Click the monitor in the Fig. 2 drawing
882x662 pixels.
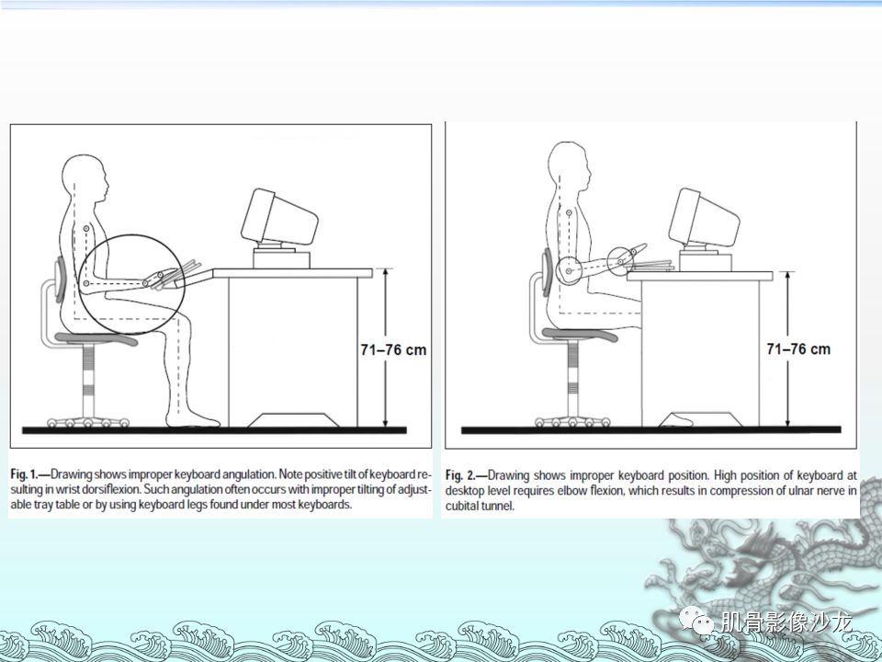704,218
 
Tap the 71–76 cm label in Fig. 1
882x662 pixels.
393,349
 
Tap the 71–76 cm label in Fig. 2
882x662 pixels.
798,349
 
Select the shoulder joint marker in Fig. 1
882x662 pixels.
86,228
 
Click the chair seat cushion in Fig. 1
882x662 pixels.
96,339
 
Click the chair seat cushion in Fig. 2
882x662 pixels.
580,335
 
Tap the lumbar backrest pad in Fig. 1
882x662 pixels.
61,280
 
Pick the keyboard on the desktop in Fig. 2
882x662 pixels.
652,265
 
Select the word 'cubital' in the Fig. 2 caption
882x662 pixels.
461,506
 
